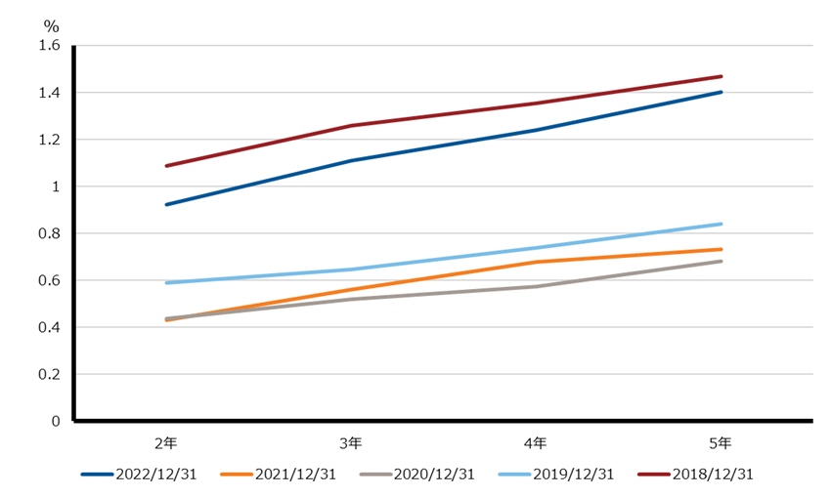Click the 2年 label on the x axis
pos(166,443)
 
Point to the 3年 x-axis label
pos(351,443)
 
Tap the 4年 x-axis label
pos(536,443)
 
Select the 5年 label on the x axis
pos(721,443)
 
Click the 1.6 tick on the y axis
pos(49,46)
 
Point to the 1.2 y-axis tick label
pos(49,140)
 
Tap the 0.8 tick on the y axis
pos(49,233)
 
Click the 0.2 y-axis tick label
pos(49,374)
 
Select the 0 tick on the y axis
pos(56,421)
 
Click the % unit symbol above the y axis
pos(52,22)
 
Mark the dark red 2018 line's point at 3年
pos(351,126)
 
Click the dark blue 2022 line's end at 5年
pos(721,92)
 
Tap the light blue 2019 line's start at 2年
pos(166,283)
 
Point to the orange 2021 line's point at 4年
pos(536,262)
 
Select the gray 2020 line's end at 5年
pos(721,261)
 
